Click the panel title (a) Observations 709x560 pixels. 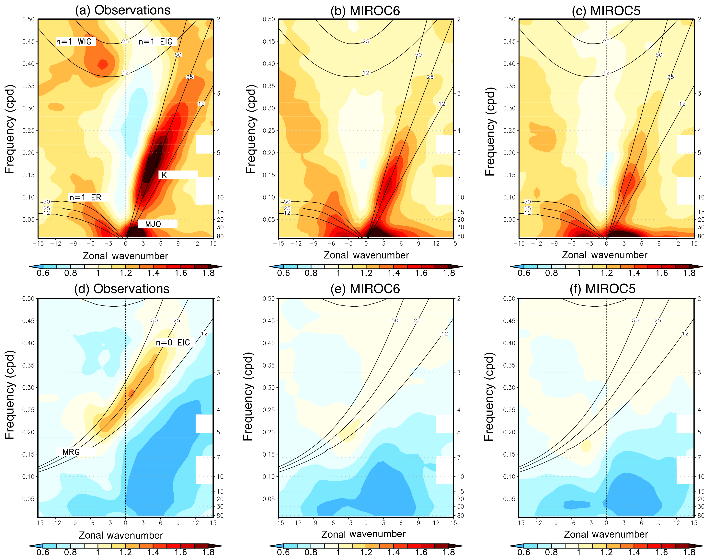[x=123, y=10]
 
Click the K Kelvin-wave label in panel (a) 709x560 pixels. [x=164, y=175]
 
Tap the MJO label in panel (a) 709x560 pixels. [x=153, y=224]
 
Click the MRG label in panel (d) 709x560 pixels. [x=71, y=452]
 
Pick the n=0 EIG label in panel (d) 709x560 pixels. [x=173, y=343]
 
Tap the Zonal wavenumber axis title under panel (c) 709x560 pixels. [x=604, y=255]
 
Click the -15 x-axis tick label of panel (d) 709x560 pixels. [x=38, y=523]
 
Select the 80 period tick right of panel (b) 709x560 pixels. [x=461, y=236]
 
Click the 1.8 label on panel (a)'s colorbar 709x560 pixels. [x=209, y=273]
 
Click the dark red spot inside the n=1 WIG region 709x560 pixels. [x=103, y=64]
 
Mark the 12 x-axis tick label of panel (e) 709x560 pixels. [x=436, y=523]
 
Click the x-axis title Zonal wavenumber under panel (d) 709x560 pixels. [x=121, y=535]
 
